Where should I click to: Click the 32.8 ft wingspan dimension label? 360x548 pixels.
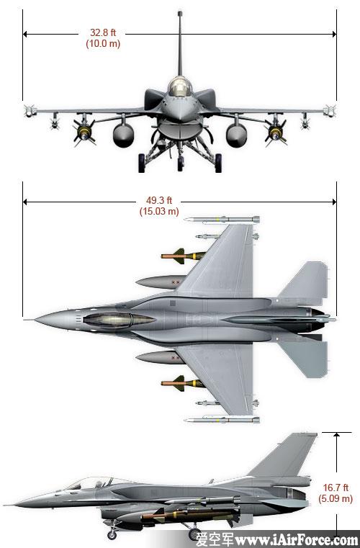pos(103,32)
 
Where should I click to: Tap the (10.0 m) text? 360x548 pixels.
pos(103,44)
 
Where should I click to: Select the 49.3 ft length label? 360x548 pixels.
pos(159,201)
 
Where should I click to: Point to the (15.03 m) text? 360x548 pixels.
pos(159,212)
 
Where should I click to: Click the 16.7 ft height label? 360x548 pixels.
pos(336,488)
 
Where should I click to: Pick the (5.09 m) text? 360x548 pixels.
pos(336,498)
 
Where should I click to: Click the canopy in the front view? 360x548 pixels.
pos(180,86)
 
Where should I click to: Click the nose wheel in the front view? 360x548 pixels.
pos(180,163)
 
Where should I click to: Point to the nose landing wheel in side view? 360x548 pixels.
pos(112,534)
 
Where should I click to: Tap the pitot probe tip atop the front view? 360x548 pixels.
pos(180,13)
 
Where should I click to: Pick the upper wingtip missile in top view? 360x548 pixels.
pos(222,220)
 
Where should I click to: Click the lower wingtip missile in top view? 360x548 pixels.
pos(222,419)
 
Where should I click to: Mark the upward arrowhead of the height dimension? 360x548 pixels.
pos(336,435)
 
